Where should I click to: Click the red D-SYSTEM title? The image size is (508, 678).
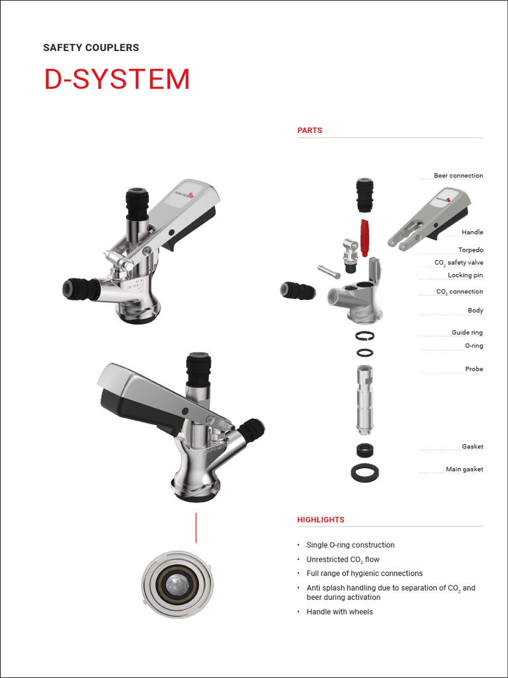click(x=117, y=79)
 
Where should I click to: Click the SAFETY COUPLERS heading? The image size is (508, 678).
click(x=91, y=48)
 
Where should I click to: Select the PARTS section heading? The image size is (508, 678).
click(x=310, y=130)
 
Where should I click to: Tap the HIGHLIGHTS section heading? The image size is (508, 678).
click(x=321, y=520)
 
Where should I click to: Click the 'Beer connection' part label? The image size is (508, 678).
click(x=458, y=175)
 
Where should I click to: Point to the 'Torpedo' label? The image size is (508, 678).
click(x=470, y=250)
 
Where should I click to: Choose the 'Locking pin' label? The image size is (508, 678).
click(x=465, y=275)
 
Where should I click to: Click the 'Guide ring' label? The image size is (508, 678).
click(x=467, y=332)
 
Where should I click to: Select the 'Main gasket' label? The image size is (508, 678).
click(x=464, y=469)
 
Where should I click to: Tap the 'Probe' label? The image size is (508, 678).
click(x=474, y=369)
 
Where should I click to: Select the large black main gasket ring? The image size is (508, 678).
click(x=364, y=473)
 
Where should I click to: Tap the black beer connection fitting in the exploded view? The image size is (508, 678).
click(x=364, y=194)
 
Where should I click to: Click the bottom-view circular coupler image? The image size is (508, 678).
click(x=177, y=585)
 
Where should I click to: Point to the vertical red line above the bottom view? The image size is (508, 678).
click(x=196, y=527)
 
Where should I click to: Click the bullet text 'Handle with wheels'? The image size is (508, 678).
click(x=339, y=612)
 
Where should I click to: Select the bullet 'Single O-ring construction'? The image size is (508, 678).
click(x=351, y=545)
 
